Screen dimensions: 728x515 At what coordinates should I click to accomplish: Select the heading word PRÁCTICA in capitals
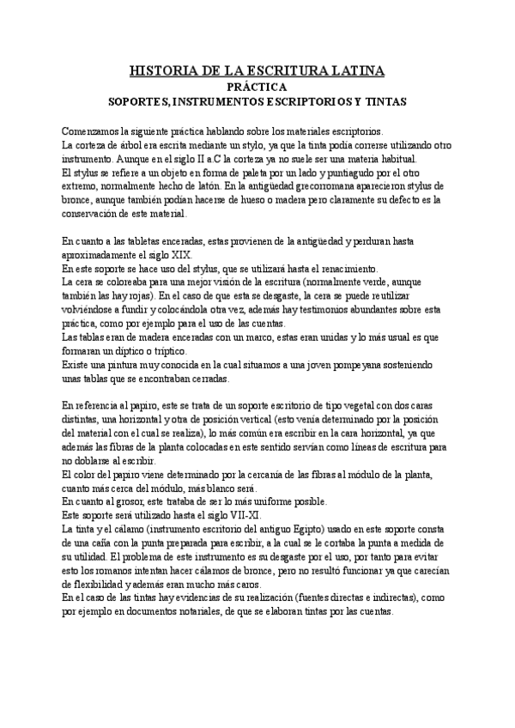point(257,87)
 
